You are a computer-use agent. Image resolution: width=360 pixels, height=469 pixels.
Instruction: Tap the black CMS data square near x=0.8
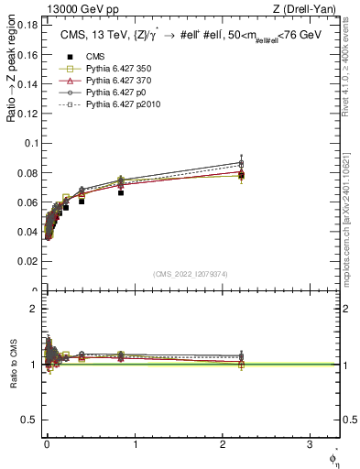tap(121, 192)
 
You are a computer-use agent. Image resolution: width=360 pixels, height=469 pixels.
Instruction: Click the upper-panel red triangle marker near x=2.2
tap(241, 172)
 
